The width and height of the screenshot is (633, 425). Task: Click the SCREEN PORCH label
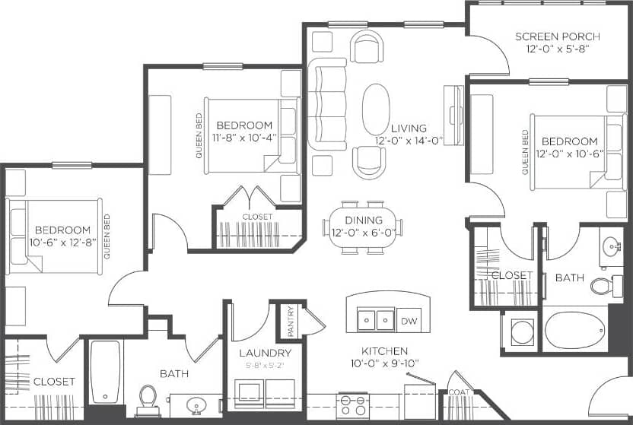click(x=557, y=36)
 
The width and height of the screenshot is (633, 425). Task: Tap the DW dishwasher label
click(x=409, y=321)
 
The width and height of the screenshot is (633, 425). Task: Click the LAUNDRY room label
click(x=265, y=353)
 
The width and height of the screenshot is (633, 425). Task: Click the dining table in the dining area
click(x=362, y=227)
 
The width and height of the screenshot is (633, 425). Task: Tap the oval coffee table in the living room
click(x=376, y=109)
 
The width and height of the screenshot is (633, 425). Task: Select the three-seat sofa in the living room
click(x=327, y=104)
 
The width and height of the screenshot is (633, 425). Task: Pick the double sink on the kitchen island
click(x=376, y=320)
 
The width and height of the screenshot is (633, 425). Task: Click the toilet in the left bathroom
click(x=148, y=399)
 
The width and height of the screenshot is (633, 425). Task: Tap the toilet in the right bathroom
click(x=604, y=286)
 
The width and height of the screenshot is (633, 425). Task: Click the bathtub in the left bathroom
click(x=105, y=372)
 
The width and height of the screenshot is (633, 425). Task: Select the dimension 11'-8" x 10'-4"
click(x=244, y=138)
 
